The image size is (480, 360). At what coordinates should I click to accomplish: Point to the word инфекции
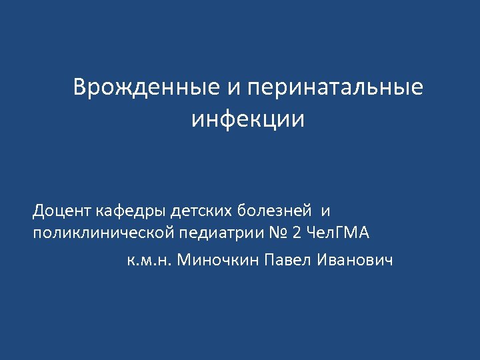pyautogui.click(x=247, y=119)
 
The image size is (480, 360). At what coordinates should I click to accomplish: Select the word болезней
pyautogui.click(x=275, y=212)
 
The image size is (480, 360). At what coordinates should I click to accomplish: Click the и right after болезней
pyautogui.click(x=325, y=212)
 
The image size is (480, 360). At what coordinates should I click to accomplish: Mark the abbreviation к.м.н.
pyautogui.click(x=148, y=259)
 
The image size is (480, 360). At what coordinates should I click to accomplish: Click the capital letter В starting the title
pyautogui.click(x=80, y=88)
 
